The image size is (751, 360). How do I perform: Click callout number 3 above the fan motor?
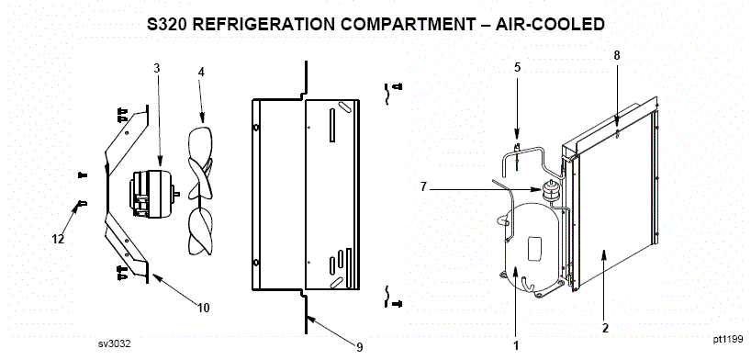click(157, 68)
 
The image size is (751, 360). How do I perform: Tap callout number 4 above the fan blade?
click(201, 73)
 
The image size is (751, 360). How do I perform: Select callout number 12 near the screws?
click(58, 239)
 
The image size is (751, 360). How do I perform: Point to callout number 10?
click(204, 308)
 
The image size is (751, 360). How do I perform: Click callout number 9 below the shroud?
click(360, 347)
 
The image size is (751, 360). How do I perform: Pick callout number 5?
click(517, 68)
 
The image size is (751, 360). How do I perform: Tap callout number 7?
click(423, 187)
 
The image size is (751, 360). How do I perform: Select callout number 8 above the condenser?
click(617, 56)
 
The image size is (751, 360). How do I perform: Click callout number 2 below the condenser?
click(605, 329)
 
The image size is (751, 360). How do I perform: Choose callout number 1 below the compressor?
click(516, 345)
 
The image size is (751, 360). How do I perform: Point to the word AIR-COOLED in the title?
click(550, 25)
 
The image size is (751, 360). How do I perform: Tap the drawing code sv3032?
click(115, 343)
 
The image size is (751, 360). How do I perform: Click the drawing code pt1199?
click(728, 340)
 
